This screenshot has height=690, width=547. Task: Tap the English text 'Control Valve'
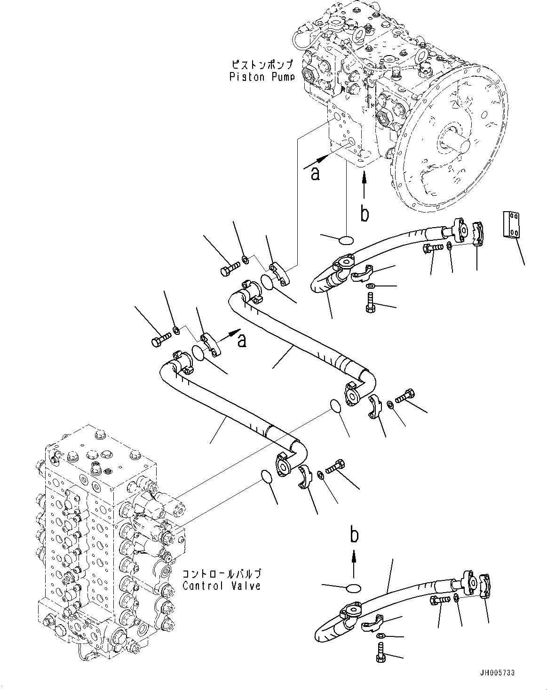[221, 586]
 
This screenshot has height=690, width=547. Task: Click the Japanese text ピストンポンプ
[262, 64]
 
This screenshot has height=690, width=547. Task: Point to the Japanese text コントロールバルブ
[221, 574]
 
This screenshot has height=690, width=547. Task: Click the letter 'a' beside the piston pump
[315, 174]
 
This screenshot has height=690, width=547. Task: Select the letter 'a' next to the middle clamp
[241, 340]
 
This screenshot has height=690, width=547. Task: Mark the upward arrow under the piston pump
[364, 185]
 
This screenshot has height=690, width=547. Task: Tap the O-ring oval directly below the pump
[347, 240]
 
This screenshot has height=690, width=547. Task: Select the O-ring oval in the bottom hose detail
[353, 588]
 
